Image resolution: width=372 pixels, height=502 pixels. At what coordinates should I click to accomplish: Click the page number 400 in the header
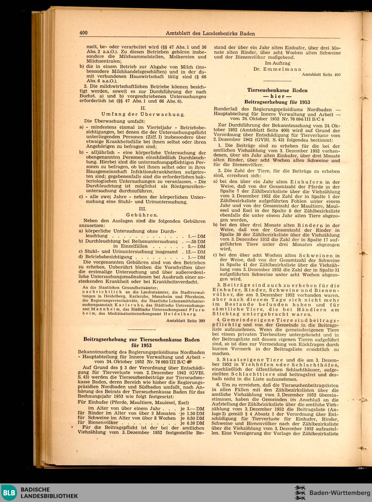pos(83,33)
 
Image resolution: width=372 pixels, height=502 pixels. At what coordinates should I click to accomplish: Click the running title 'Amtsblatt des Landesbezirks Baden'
pos(210,33)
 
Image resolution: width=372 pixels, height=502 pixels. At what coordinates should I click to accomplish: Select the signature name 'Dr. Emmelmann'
pos(278,69)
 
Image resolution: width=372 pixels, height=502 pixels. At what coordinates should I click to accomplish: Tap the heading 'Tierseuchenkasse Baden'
pos(277,90)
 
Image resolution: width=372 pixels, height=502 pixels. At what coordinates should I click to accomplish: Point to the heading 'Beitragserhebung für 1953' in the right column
pos(277,102)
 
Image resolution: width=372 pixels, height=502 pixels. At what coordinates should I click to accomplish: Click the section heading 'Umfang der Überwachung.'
pos(143,114)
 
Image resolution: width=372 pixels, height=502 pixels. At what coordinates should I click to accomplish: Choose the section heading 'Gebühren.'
pos(142,215)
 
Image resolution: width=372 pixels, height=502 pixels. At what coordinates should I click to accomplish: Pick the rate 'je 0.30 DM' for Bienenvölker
pos(192,423)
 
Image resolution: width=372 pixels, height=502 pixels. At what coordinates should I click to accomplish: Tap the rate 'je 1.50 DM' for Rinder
pos(192,413)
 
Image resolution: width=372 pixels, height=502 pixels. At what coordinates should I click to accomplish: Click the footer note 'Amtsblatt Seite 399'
pos(186,320)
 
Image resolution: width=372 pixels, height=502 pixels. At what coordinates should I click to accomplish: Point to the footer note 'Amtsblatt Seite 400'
pos(321,75)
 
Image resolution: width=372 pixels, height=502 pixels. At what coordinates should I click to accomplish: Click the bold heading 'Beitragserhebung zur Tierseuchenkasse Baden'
pos(141,340)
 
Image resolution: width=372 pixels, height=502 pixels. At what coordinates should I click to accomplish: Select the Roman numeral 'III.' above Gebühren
pos(142,209)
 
